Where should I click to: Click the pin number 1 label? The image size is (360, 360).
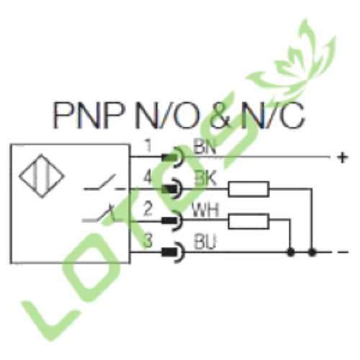pyautogui.click(x=149, y=145)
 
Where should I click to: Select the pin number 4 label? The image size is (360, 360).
pyautogui.click(x=148, y=178)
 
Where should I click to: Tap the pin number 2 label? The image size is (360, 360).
pyautogui.click(x=148, y=209)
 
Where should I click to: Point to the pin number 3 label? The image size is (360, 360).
pyautogui.click(x=148, y=240)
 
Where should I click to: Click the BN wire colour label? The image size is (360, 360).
pyautogui.click(x=204, y=147)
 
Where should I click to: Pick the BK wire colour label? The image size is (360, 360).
pyautogui.click(x=206, y=178)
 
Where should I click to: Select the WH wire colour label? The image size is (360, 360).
pyautogui.click(x=205, y=210)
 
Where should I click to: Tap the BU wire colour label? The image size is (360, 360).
pyautogui.click(x=204, y=242)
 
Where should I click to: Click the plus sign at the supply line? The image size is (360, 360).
pyautogui.click(x=343, y=158)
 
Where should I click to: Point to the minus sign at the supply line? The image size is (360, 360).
pyautogui.click(x=343, y=252)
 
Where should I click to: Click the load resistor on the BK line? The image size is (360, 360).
pyautogui.click(x=248, y=189)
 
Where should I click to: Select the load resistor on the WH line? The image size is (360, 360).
pyautogui.click(x=248, y=221)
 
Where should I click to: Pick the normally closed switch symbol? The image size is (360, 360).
pyautogui.click(x=103, y=214)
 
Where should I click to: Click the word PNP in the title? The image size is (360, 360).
pyautogui.click(x=89, y=115)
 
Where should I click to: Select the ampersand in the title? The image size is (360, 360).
pyautogui.click(x=220, y=115)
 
